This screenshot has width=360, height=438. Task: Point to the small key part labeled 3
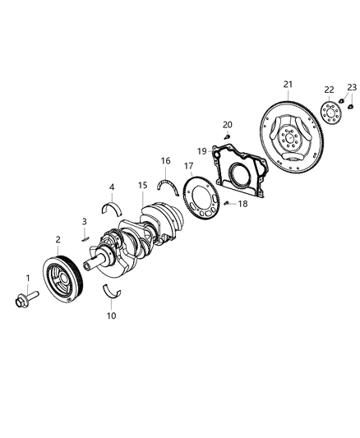85,238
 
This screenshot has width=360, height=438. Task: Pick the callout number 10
110,315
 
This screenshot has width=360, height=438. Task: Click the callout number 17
188,164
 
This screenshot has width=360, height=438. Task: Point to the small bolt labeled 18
225,203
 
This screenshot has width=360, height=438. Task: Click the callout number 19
201,150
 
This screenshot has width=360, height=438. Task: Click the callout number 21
287,85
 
